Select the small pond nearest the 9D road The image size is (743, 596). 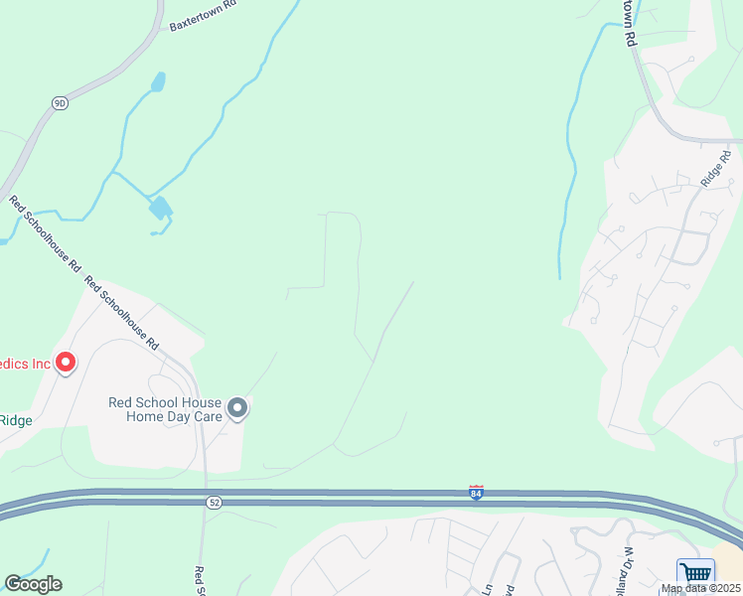click(157, 81)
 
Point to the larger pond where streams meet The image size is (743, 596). click(159, 208)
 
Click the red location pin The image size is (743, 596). click(66, 363)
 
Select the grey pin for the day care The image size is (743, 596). click(237, 407)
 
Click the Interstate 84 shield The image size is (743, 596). click(477, 493)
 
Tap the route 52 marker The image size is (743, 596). click(215, 504)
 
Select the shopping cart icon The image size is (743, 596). click(695, 573)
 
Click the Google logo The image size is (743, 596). click(33, 584)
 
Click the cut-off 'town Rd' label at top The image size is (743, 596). click(629, 22)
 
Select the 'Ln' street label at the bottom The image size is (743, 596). click(488, 586)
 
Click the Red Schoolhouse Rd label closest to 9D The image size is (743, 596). click(45, 234)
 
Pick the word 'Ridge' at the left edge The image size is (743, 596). click(15, 420)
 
